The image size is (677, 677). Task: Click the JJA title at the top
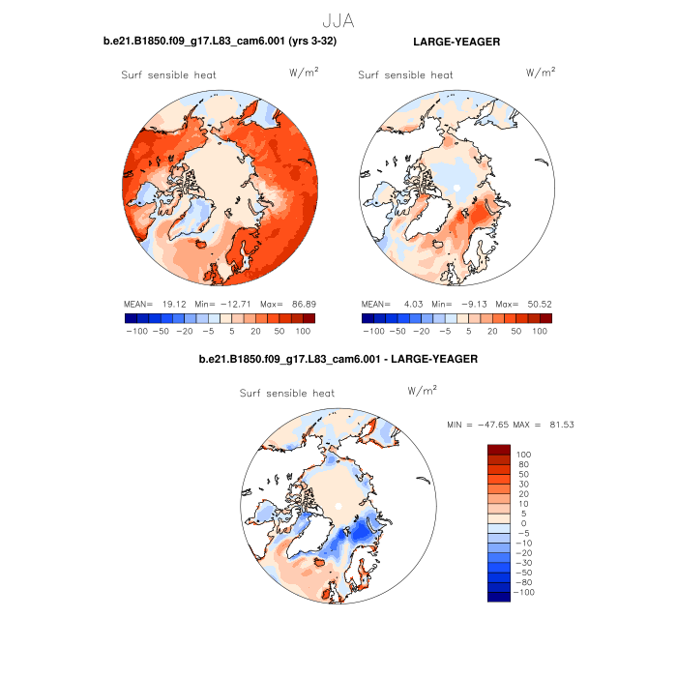(338, 18)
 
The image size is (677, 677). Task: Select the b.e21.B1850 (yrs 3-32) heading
(221, 43)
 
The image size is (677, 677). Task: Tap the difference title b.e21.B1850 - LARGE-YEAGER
(338, 359)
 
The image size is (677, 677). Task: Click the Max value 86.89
(302, 303)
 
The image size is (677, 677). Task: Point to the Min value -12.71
(238, 303)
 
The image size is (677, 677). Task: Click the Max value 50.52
(538, 303)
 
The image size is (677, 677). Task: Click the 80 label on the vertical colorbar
(524, 464)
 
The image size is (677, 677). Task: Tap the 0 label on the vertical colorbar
(521, 523)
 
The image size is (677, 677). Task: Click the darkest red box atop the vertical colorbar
(498, 449)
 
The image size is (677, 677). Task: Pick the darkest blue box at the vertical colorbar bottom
(498, 597)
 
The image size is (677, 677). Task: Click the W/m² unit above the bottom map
(422, 391)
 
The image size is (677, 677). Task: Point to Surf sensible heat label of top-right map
(405, 75)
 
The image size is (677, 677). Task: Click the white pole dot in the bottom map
(338, 506)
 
